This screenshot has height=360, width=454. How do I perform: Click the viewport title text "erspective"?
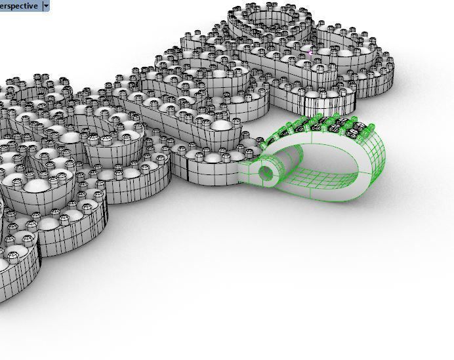click(19, 6)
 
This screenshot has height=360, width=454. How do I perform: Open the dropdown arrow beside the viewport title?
click(46, 6)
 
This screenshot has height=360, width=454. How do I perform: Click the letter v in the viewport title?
click(31, 6)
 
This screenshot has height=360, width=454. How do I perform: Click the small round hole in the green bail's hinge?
click(266, 174)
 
